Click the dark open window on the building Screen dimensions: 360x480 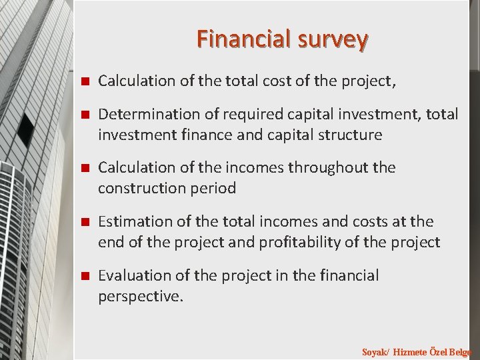click(27, 128)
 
